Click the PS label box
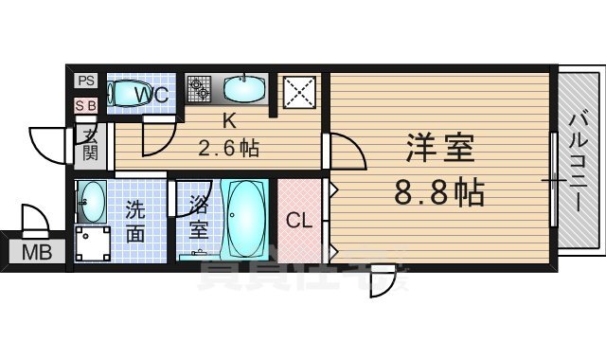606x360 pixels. coord(86,81)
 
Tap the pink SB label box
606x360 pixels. coord(86,106)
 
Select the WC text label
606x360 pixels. coord(151,95)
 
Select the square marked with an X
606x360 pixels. coord(300,94)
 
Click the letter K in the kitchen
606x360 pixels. coord(228,121)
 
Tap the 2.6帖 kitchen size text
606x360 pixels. coord(228,149)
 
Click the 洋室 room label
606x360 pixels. coord(440,149)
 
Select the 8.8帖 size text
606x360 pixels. coord(440,193)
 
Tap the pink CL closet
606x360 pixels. coord(300,221)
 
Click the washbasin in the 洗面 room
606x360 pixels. coord(92,198)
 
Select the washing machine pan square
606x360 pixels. coord(94,243)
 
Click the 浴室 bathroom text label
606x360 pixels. coord(198,217)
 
